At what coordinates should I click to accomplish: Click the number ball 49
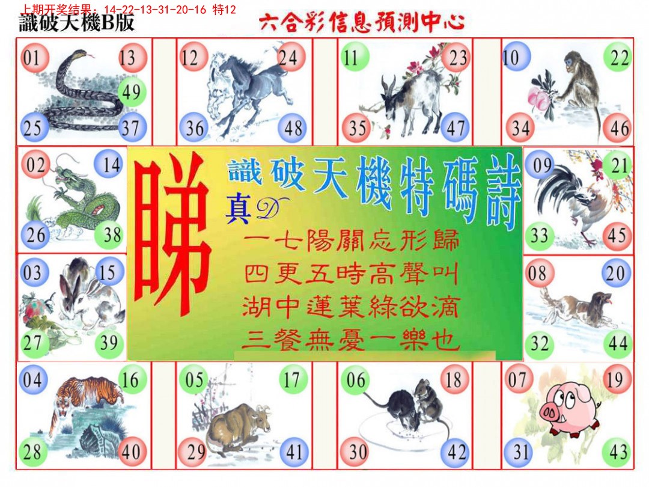pyautogui.click(x=131, y=92)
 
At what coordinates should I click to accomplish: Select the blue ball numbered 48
pyautogui.click(x=293, y=129)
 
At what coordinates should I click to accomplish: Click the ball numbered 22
pyautogui.click(x=619, y=58)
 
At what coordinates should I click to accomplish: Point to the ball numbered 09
pyautogui.click(x=541, y=165)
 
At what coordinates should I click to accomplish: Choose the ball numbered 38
pyautogui.click(x=112, y=234)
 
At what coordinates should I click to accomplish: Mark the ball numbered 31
pyautogui.click(x=517, y=452)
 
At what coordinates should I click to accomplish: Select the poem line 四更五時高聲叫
pyautogui.click(x=351, y=276)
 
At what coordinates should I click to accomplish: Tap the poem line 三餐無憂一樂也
pyautogui.click(x=351, y=342)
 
